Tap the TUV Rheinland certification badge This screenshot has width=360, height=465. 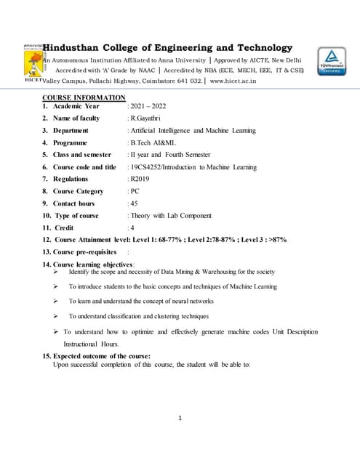point(330,62)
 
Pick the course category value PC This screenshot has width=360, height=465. point(134,191)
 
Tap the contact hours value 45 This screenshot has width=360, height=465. point(134,203)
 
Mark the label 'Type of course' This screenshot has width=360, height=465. point(76,216)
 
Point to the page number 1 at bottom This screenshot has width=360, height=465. point(180,417)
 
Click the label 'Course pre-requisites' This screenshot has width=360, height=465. point(83,251)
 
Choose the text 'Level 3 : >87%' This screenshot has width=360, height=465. point(260,239)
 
